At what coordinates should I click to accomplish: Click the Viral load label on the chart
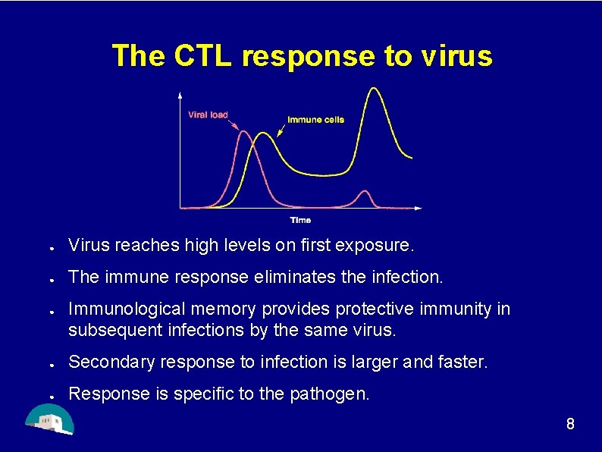(208, 115)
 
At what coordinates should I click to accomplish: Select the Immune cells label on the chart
(315, 120)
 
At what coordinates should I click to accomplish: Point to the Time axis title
(300, 220)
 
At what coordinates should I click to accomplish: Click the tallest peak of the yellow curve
(372, 89)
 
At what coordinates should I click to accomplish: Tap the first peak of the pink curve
(244, 132)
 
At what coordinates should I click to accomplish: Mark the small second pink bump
(365, 191)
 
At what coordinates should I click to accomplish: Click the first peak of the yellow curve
(262, 133)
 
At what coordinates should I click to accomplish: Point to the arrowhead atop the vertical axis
(180, 95)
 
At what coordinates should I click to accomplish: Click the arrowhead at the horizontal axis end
(419, 207)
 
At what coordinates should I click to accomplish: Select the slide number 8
(570, 425)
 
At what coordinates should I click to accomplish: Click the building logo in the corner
(49, 419)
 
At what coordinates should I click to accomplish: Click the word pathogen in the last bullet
(333, 394)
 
